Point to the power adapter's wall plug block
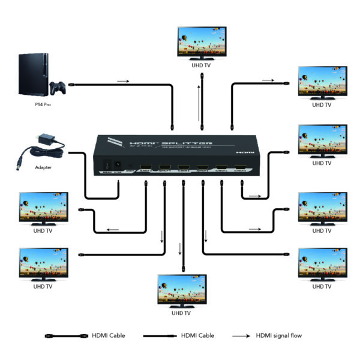coord(43,140)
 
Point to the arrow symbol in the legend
coord(240,335)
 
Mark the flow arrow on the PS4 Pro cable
coord(122,80)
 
